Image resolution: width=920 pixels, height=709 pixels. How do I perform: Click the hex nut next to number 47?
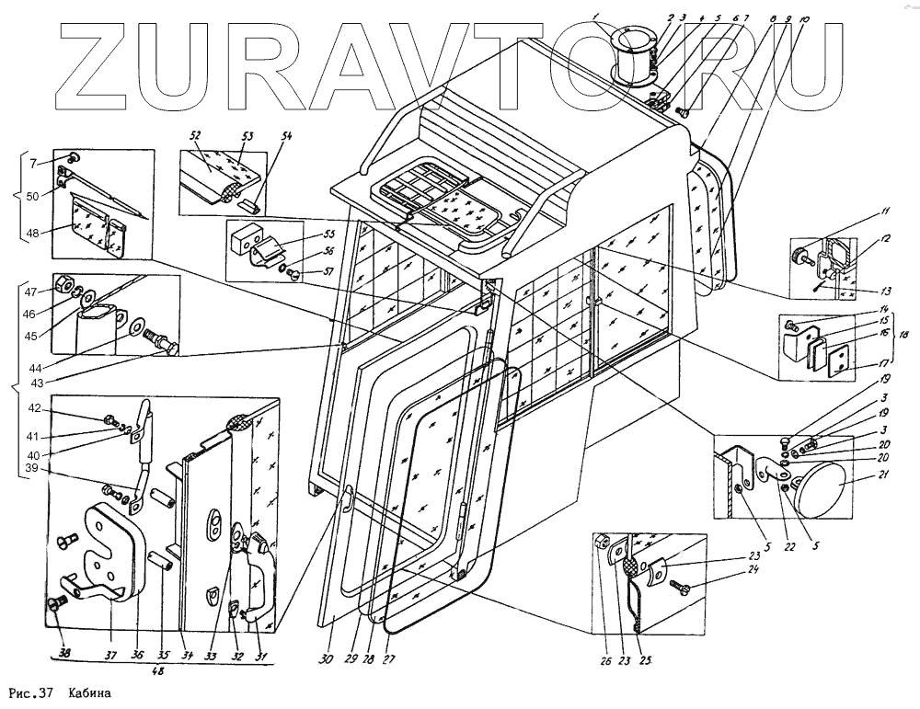click(66, 282)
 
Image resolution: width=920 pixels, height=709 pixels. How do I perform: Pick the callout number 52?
click(195, 135)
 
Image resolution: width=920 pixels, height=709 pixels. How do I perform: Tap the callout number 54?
click(287, 137)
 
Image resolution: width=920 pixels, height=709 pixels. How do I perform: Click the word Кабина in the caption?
click(89, 692)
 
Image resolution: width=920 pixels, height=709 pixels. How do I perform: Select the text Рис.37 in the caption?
click(29, 692)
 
